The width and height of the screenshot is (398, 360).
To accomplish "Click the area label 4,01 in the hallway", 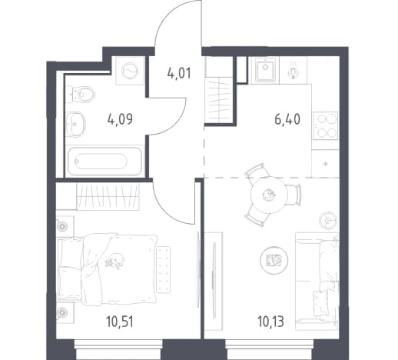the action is (x=179, y=73).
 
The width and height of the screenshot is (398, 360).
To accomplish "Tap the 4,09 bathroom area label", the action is (x=120, y=119).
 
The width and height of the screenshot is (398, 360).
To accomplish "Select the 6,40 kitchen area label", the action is (x=287, y=119).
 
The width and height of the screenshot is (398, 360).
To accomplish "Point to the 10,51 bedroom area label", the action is (x=120, y=322).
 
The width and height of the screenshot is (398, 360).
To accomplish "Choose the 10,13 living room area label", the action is (x=270, y=322).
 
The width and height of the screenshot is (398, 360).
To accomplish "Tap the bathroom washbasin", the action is (x=75, y=124).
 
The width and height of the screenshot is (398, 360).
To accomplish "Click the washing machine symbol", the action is (x=130, y=71).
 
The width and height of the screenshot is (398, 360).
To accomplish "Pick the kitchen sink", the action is (x=266, y=70).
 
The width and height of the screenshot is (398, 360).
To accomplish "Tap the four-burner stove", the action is (x=325, y=125).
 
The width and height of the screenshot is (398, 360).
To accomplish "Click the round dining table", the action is (x=268, y=195).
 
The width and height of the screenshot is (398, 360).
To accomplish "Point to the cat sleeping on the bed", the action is (x=114, y=261).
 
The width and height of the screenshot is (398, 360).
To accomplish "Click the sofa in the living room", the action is (x=317, y=282).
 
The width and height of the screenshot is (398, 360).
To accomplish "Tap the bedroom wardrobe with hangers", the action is (x=108, y=197).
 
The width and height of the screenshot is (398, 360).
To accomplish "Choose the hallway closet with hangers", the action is (x=218, y=101).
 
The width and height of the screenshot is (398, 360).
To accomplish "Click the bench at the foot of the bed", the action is (x=164, y=269).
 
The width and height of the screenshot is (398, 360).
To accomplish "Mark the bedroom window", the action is (x=119, y=349).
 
